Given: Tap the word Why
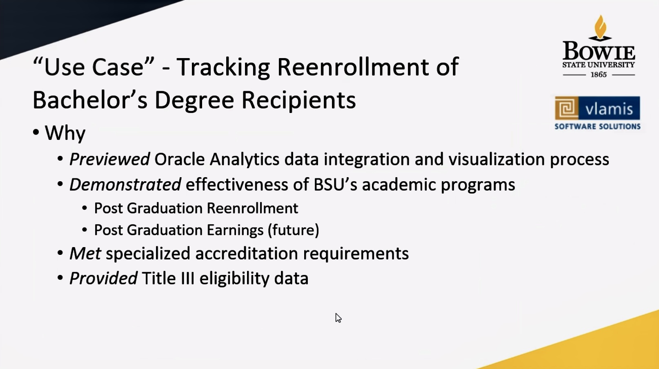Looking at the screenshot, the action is tap(65, 133).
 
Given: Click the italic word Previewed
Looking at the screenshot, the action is tap(109, 160).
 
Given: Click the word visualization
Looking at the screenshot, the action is tap(496, 160).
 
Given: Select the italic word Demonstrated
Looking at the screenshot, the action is tap(125, 184).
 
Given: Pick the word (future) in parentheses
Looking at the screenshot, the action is tap(293, 230).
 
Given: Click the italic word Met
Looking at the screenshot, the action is tap(85, 254).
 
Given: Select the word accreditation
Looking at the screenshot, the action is tap(247, 254).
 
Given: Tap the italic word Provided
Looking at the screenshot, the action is tap(103, 278).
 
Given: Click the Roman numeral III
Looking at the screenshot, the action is tap(188, 278).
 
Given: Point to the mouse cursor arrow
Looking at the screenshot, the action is tap(338, 318).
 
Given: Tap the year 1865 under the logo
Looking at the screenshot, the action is tap(599, 74).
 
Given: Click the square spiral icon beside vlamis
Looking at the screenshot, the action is tap(567, 108).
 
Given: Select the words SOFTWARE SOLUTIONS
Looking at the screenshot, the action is tap(597, 126).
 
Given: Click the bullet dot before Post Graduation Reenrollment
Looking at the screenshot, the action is tap(85, 208).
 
